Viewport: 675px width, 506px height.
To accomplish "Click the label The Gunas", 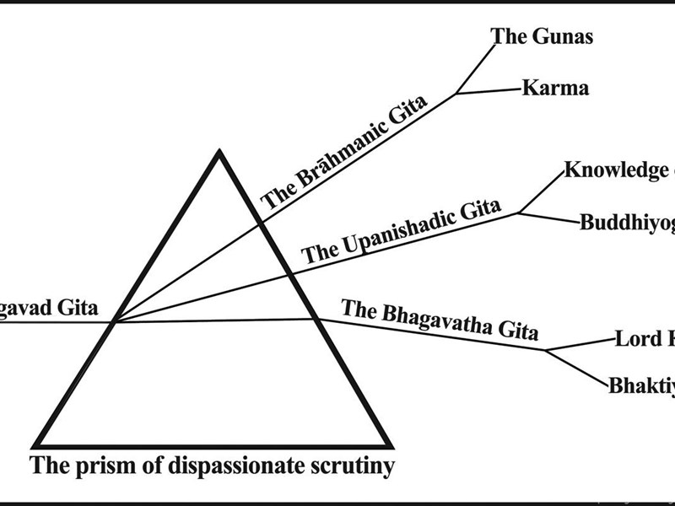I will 543,36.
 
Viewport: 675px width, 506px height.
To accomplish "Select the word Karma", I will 555,88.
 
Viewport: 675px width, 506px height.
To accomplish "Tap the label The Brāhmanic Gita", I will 343,153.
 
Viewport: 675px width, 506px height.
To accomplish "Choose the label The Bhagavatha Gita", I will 439,320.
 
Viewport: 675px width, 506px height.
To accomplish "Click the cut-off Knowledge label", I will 618,170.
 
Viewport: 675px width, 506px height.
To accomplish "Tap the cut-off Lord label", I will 645,339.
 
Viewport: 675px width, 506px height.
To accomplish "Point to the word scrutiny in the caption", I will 352,465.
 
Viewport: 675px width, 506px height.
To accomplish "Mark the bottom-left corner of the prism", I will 35,446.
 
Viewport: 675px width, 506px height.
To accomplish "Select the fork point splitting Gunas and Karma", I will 457,94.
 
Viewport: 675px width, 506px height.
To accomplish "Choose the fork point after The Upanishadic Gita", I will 518,213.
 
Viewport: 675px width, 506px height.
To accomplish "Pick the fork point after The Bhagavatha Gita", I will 547,349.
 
